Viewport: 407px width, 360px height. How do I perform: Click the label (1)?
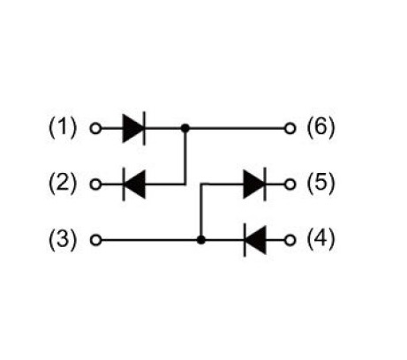(x=63, y=128)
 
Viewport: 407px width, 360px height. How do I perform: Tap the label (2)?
(x=63, y=184)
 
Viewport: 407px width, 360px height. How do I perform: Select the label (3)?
(x=63, y=239)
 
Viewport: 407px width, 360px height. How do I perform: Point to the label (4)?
(x=320, y=239)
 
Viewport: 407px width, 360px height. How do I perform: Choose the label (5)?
(x=320, y=184)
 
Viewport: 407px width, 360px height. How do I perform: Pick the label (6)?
(x=320, y=128)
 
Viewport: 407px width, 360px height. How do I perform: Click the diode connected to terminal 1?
(x=134, y=129)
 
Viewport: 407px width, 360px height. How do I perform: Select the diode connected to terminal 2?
(x=134, y=184)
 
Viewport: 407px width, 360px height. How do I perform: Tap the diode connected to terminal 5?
(x=255, y=184)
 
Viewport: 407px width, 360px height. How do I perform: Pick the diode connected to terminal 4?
(x=255, y=240)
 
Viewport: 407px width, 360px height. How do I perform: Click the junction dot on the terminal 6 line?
(x=185, y=129)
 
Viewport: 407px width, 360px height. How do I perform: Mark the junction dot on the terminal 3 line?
(x=201, y=240)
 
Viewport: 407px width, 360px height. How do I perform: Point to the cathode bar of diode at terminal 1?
(x=144, y=129)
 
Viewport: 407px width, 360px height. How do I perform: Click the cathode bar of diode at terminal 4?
(x=245, y=240)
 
